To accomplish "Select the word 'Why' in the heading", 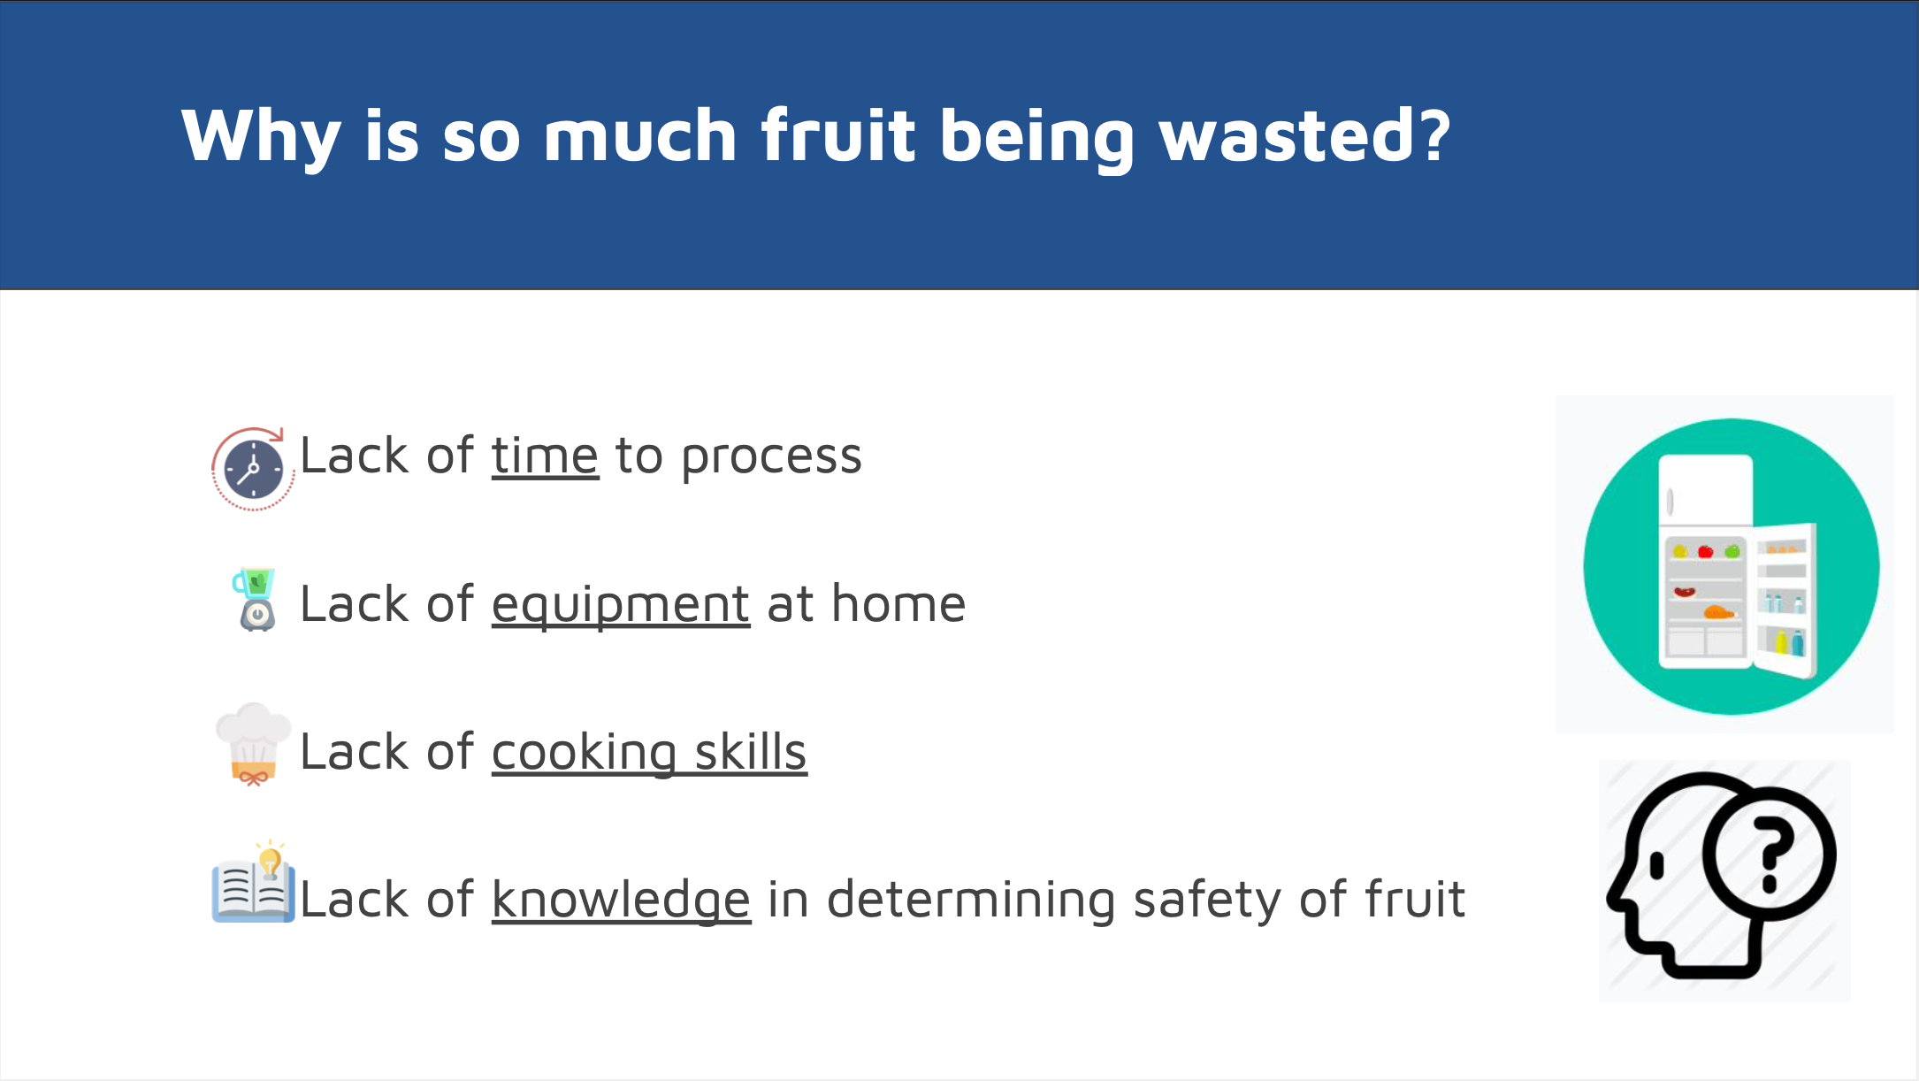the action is click(261, 137).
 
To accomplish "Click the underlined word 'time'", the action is click(545, 456).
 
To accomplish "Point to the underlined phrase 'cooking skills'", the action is click(649, 752).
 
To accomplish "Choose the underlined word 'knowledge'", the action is click(622, 901).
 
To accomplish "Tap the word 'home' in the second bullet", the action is click(898, 604).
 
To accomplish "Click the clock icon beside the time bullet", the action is click(253, 469).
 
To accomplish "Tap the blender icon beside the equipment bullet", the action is click(256, 599).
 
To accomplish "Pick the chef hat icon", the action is click(253, 745).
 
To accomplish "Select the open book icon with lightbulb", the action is click(253, 882).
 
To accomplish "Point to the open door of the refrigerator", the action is click(1784, 601).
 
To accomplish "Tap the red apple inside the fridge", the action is click(1705, 551).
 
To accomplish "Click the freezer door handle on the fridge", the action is click(1670, 502).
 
